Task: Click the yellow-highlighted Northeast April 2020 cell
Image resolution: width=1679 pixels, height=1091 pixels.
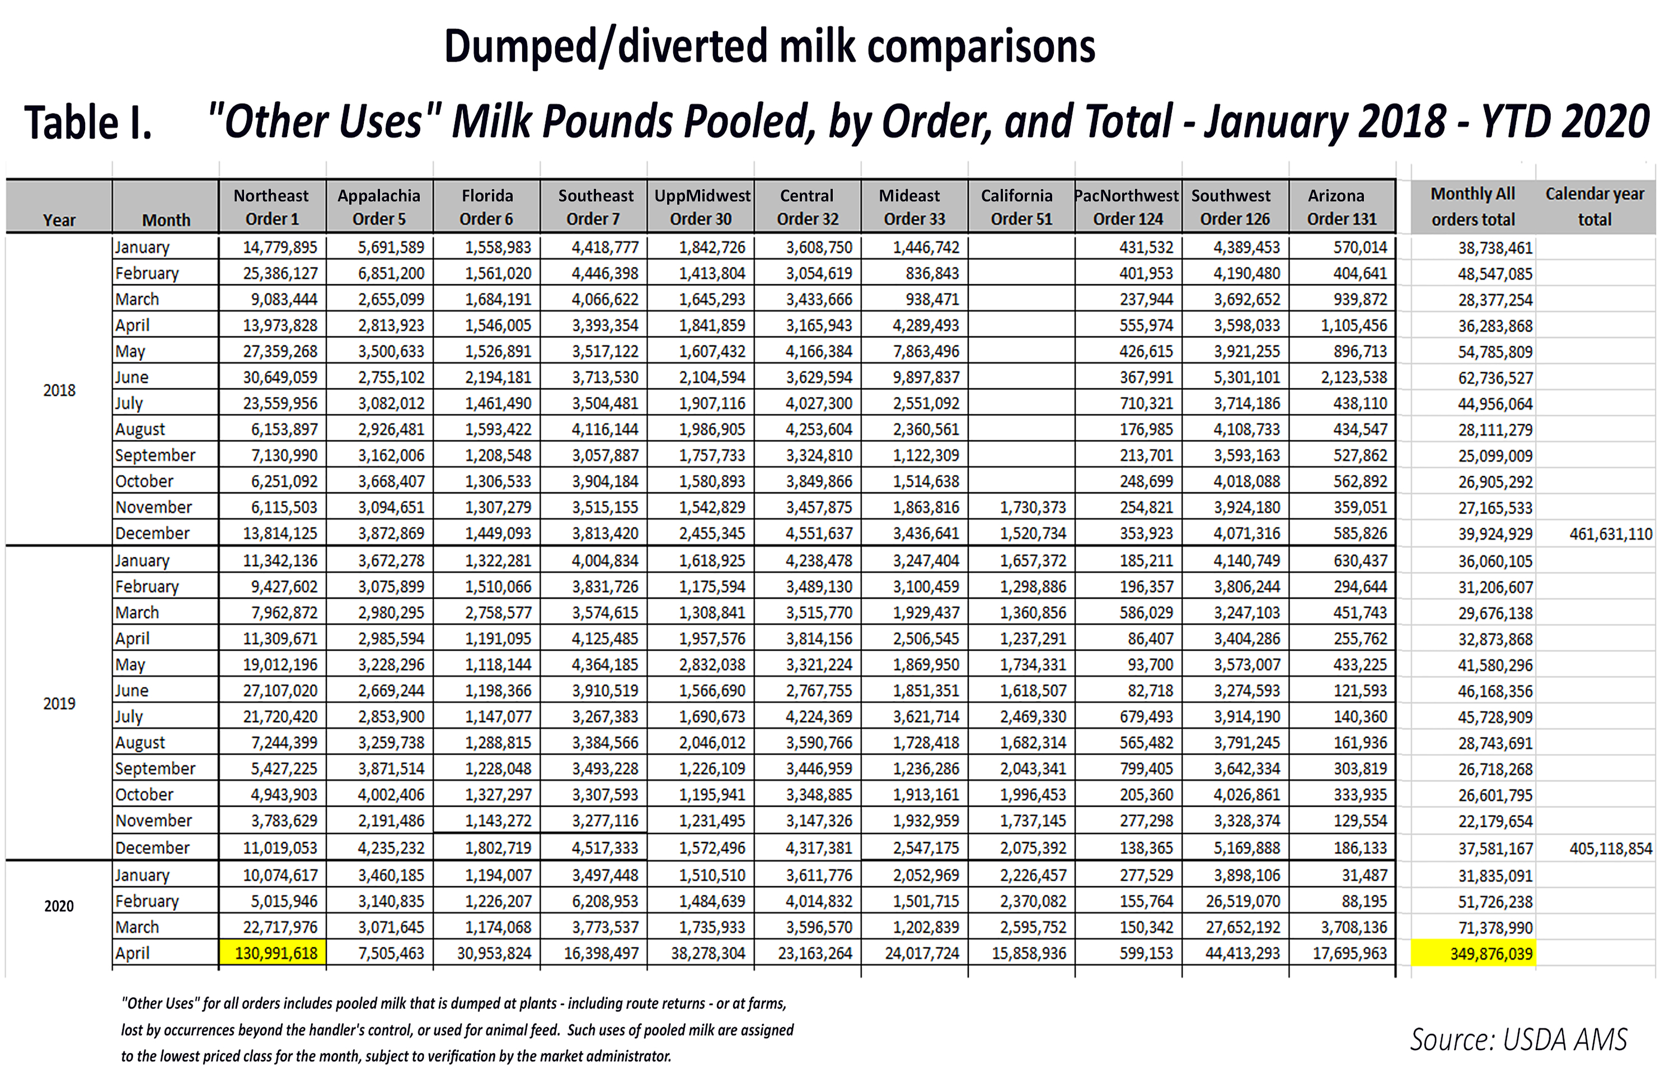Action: click(275, 953)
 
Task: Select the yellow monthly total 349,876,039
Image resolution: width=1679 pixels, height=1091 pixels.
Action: click(1489, 954)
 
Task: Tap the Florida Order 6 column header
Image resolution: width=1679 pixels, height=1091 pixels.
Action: click(487, 206)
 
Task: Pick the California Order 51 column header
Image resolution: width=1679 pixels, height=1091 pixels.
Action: click(1020, 206)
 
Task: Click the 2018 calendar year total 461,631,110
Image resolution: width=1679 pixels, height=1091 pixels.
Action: click(1610, 534)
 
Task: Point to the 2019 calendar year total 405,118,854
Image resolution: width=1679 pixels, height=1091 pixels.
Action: click(1610, 848)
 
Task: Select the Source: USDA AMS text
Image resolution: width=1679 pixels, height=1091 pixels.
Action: click(1518, 1040)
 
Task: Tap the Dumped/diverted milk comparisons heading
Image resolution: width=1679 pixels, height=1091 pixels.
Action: click(769, 46)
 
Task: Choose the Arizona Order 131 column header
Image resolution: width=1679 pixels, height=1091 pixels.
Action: click(1340, 206)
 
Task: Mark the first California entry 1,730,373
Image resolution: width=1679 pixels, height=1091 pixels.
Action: click(1032, 507)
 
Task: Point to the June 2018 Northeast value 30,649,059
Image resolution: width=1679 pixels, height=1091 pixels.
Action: click(279, 377)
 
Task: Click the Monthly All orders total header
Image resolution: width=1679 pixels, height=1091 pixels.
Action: click(1472, 206)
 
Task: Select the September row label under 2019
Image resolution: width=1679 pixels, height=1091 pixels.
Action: click(155, 769)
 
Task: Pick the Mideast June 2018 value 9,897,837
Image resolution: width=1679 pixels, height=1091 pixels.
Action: click(926, 377)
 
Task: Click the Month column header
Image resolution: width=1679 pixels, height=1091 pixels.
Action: click(166, 220)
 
